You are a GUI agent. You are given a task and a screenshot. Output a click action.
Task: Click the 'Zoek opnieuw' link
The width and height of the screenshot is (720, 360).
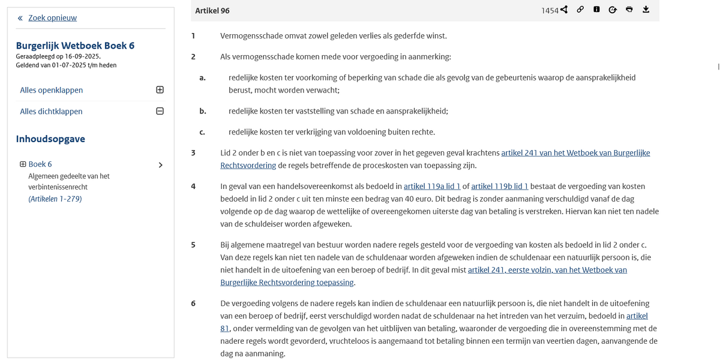[52, 18]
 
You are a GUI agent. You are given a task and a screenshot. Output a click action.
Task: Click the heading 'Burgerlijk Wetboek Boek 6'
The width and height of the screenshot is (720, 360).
[75, 46]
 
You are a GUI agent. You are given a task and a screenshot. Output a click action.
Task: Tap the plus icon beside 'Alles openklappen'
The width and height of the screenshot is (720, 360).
[160, 90]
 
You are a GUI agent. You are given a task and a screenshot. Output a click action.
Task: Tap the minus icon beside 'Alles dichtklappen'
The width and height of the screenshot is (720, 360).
[160, 111]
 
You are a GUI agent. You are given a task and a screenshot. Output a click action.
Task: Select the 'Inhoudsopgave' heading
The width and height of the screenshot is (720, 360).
[50, 139]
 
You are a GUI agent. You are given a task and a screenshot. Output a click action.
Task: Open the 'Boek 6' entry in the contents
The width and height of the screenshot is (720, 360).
[40, 164]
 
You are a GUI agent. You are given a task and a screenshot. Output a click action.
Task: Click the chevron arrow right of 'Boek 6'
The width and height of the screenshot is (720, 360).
[160, 165]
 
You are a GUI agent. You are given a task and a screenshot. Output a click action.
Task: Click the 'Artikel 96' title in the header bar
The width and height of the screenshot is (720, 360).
[212, 10]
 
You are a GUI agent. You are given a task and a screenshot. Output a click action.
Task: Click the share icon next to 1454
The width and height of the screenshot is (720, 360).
[564, 10]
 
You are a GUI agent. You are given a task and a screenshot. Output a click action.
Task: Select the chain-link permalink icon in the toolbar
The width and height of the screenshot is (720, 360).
[580, 10]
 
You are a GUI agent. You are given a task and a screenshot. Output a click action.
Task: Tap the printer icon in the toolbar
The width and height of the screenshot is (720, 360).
[629, 10]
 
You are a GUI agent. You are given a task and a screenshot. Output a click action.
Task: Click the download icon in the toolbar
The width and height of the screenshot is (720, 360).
[646, 10]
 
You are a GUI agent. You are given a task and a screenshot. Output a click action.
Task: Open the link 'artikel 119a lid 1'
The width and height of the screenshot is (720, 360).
[432, 187]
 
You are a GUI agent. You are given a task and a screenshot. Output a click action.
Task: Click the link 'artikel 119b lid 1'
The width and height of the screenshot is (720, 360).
[500, 187]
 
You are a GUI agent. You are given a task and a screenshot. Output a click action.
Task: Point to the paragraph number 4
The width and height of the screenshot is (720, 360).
[193, 187]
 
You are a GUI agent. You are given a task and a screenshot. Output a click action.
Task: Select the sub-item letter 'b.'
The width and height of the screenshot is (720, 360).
[203, 111]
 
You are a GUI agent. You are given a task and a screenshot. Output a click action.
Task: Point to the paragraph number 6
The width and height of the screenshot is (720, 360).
[193, 304]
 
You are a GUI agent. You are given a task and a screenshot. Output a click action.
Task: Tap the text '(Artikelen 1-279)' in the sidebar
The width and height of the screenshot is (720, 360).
[55, 199]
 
